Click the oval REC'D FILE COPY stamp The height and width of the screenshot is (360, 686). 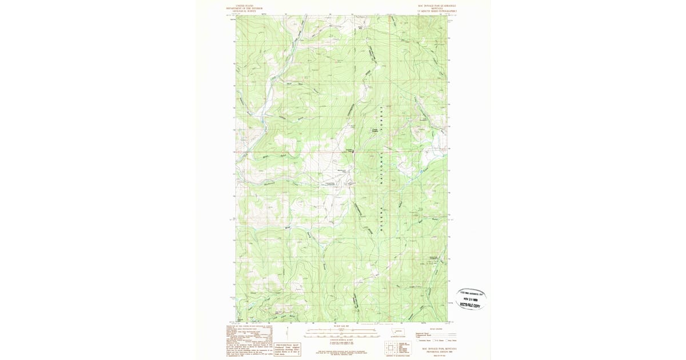(x=472, y=299)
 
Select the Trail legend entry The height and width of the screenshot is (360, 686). (x=423, y=336)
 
